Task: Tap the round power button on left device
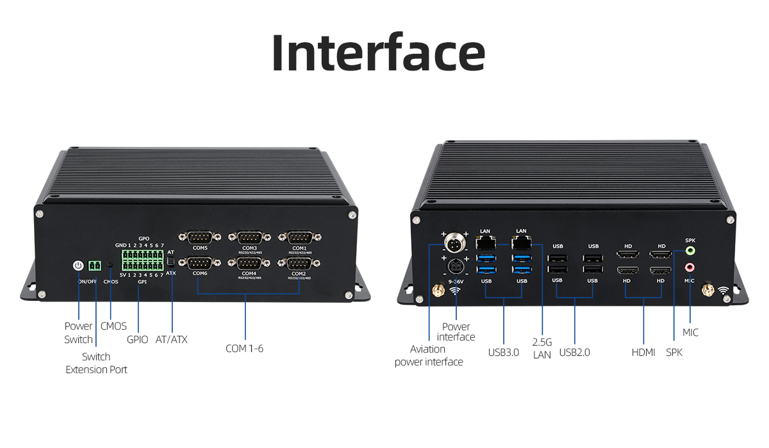pyautogui.click(x=78, y=265)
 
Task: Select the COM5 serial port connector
pyautogui.click(x=200, y=237)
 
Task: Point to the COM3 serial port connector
pyautogui.click(x=249, y=237)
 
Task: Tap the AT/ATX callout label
pyautogui.click(x=172, y=339)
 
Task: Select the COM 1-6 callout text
pyautogui.click(x=245, y=349)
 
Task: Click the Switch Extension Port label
pyautogui.click(x=96, y=363)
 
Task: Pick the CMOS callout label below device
pyautogui.click(x=114, y=326)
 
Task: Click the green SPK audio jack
pyautogui.click(x=690, y=251)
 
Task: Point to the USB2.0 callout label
pyautogui.click(x=574, y=352)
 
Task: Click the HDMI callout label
pyautogui.click(x=643, y=352)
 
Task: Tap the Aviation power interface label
pyautogui.click(x=428, y=356)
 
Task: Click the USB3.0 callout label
pyautogui.click(x=503, y=352)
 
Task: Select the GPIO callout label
pyautogui.click(x=138, y=339)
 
